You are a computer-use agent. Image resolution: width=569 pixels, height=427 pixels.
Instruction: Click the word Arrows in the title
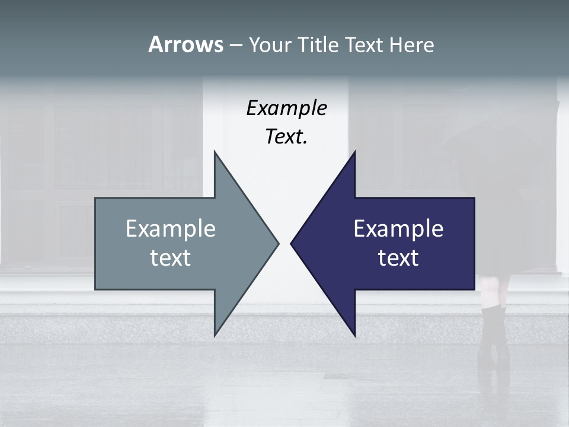coord(186,44)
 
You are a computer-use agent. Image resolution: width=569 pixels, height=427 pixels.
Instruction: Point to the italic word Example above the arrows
coord(286,109)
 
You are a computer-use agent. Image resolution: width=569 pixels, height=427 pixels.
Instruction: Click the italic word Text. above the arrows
coord(286,137)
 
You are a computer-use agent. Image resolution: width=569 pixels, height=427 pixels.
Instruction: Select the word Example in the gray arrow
coord(171,228)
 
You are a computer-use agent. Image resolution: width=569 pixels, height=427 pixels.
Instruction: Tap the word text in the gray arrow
coord(171,258)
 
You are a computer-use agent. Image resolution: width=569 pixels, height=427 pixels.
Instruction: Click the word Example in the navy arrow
coord(398,228)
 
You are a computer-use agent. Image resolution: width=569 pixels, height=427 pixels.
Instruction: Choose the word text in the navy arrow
coord(398,258)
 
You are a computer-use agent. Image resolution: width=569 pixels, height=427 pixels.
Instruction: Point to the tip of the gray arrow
coord(278,243)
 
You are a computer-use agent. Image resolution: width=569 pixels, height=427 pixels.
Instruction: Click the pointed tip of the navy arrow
coord(291,243)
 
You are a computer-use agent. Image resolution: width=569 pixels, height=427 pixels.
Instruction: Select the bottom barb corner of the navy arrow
coord(354,336)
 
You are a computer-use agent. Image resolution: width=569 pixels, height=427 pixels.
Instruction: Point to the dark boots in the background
coord(494,335)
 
